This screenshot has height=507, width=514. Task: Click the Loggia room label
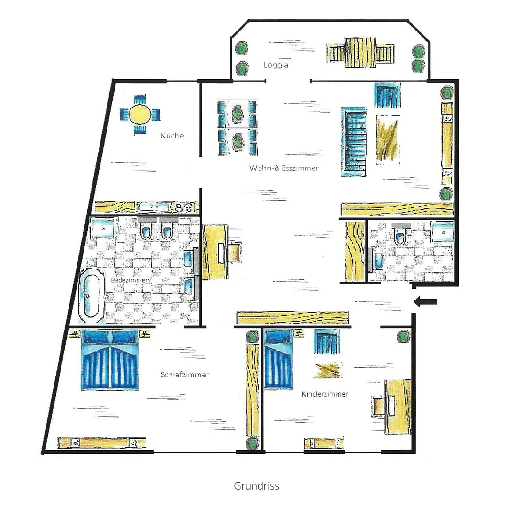[x=276, y=65]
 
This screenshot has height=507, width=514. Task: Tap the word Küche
[x=172, y=136]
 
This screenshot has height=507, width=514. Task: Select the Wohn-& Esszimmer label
[x=284, y=168]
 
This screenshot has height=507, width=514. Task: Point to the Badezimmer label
[x=130, y=280]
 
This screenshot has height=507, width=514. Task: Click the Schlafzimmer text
[x=184, y=375]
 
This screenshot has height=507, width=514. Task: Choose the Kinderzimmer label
[x=325, y=394]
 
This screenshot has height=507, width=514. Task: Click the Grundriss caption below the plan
[x=256, y=486]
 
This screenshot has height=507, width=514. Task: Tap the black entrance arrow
[x=425, y=301]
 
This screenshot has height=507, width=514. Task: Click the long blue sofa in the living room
[x=354, y=142]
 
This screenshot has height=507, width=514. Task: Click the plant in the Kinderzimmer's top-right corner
[x=402, y=337]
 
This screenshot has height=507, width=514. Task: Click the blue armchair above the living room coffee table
[x=387, y=95]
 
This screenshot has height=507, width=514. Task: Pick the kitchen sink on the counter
[x=156, y=207]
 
